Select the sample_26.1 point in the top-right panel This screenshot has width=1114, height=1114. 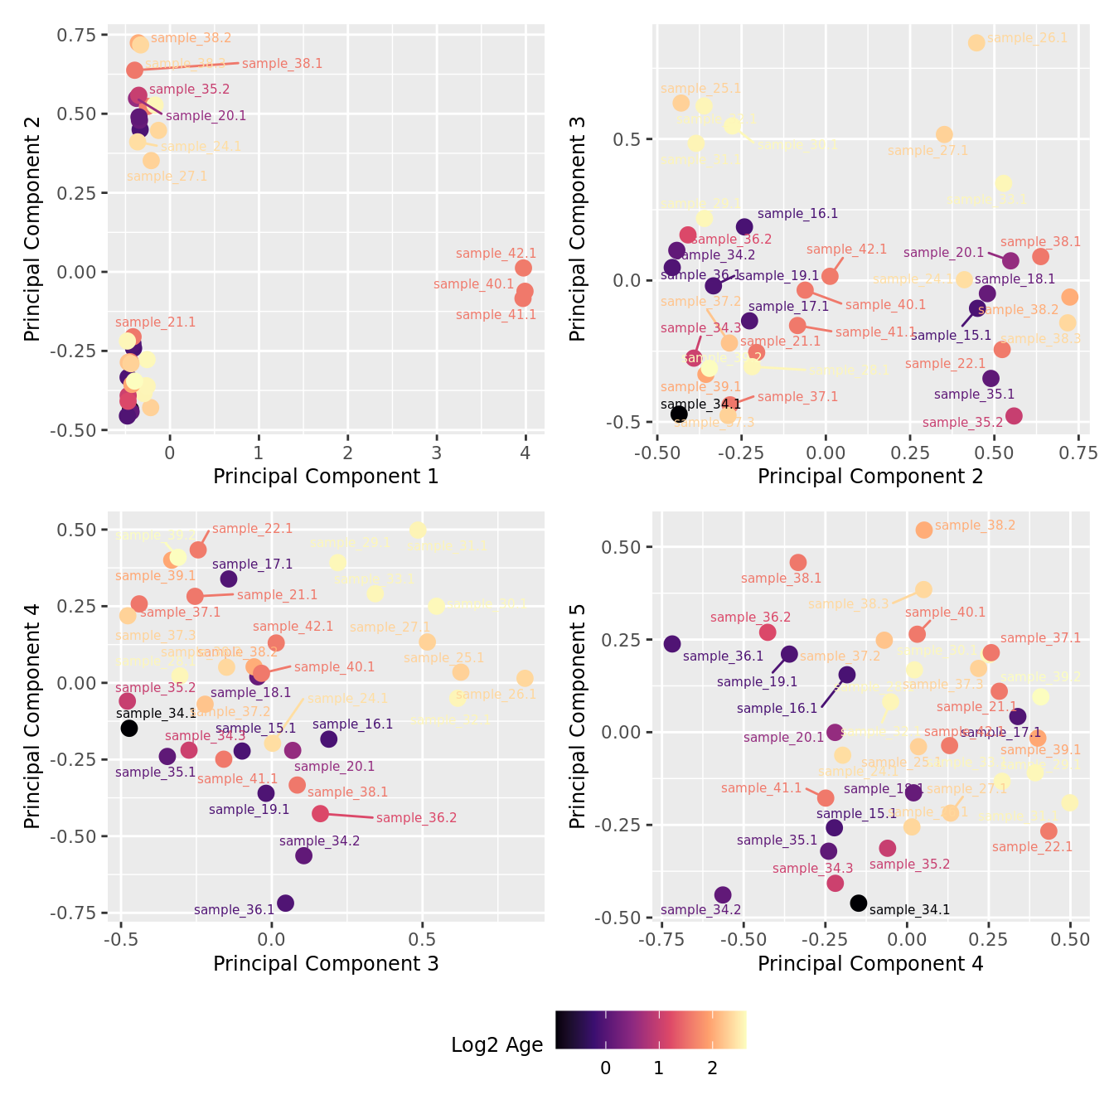click(x=976, y=42)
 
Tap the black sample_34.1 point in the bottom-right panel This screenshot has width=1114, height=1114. click(x=859, y=903)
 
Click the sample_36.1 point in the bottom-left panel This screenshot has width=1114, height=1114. click(x=285, y=903)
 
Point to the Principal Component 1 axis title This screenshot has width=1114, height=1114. click(x=326, y=477)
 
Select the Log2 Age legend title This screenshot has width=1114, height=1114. click(x=496, y=1045)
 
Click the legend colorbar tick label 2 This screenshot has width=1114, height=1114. click(x=712, y=1068)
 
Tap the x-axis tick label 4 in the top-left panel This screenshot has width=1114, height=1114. click(x=526, y=453)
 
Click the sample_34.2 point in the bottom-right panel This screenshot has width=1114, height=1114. click(x=723, y=894)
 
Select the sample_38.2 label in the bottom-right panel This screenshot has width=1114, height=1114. click(x=975, y=526)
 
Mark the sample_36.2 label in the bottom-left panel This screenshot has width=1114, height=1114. click(x=416, y=818)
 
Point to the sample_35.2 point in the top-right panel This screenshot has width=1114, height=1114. click(x=1014, y=415)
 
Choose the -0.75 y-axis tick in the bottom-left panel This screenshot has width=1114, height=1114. click(x=74, y=913)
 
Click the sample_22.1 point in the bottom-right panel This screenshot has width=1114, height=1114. click(x=1049, y=831)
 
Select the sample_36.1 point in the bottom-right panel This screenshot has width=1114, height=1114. click(x=672, y=644)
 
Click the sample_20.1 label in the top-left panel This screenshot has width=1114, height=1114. click(x=206, y=116)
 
